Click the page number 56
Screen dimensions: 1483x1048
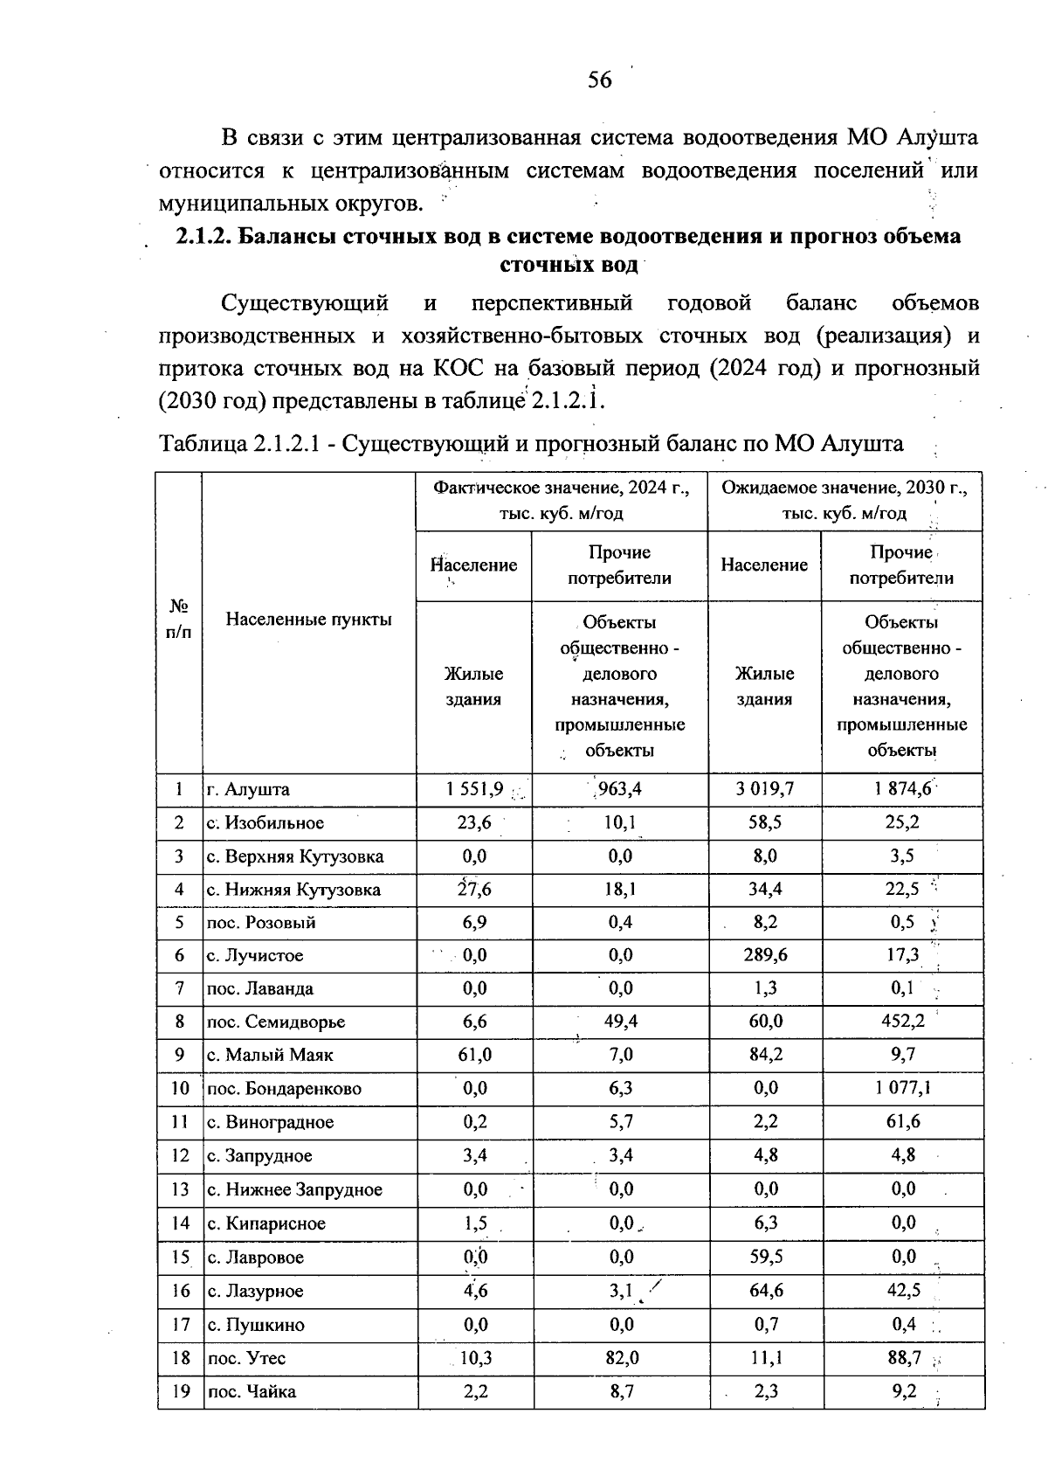tap(599, 80)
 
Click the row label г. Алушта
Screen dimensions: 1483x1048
tap(248, 789)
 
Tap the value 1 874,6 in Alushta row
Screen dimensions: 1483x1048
tap(902, 789)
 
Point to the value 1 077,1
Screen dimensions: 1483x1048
tap(902, 1088)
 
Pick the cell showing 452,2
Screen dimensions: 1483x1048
tap(902, 1021)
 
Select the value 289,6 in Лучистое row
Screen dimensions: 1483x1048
tap(765, 955)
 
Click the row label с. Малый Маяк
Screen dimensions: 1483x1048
tap(270, 1055)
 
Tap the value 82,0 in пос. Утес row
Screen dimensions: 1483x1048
tap(621, 1358)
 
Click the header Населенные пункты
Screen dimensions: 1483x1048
tap(309, 620)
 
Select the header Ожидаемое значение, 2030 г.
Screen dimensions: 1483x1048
tap(845, 489)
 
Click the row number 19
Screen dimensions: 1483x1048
tap(179, 1391)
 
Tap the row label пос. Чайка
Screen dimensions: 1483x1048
tap(252, 1391)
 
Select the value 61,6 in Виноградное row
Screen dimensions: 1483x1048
tap(902, 1121)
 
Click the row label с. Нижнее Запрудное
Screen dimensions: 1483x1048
tap(294, 1189)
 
